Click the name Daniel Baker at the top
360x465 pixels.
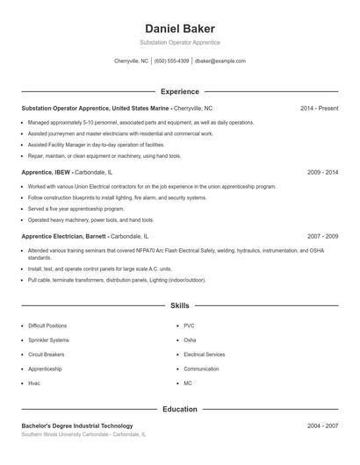(179, 28)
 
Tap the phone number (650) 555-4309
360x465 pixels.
(171, 61)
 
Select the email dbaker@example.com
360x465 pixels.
(220, 61)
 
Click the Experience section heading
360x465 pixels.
(179, 91)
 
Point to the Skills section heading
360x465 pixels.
(179, 306)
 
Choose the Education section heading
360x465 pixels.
(179, 409)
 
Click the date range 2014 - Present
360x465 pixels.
(319, 108)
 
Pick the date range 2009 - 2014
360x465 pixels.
(323, 172)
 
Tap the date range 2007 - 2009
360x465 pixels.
(323, 236)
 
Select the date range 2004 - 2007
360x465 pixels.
(323, 426)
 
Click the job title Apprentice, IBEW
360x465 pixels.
(47, 172)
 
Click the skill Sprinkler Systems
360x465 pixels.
(48, 340)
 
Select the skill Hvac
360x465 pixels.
(34, 383)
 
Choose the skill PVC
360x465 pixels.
(189, 325)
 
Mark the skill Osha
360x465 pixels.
(190, 340)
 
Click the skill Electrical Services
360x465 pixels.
(205, 354)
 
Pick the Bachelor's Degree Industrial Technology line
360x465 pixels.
(77, 426)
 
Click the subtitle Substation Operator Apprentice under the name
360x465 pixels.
(179, 42)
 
